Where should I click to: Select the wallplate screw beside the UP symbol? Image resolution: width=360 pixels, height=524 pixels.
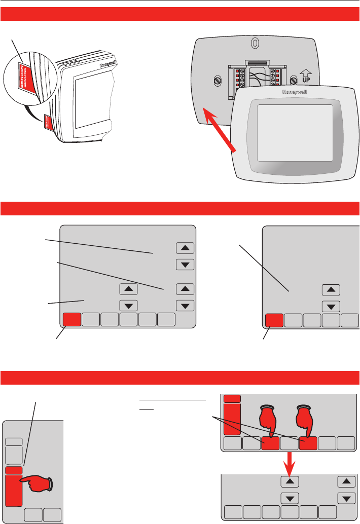tap(294, 80)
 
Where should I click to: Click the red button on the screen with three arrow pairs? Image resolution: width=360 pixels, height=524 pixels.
tap(71, 320)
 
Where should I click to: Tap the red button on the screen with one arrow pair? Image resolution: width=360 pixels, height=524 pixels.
tap(274, 320)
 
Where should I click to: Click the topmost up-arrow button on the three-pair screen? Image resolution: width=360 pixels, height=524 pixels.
tap(185, 247)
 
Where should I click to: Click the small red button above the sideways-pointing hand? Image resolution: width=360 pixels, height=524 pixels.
tap(14, 470)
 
